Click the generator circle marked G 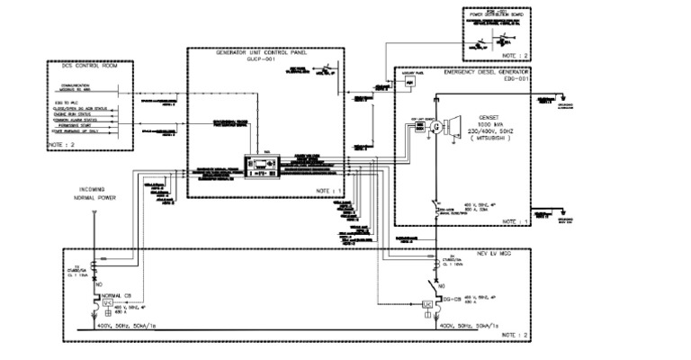(438, 128)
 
